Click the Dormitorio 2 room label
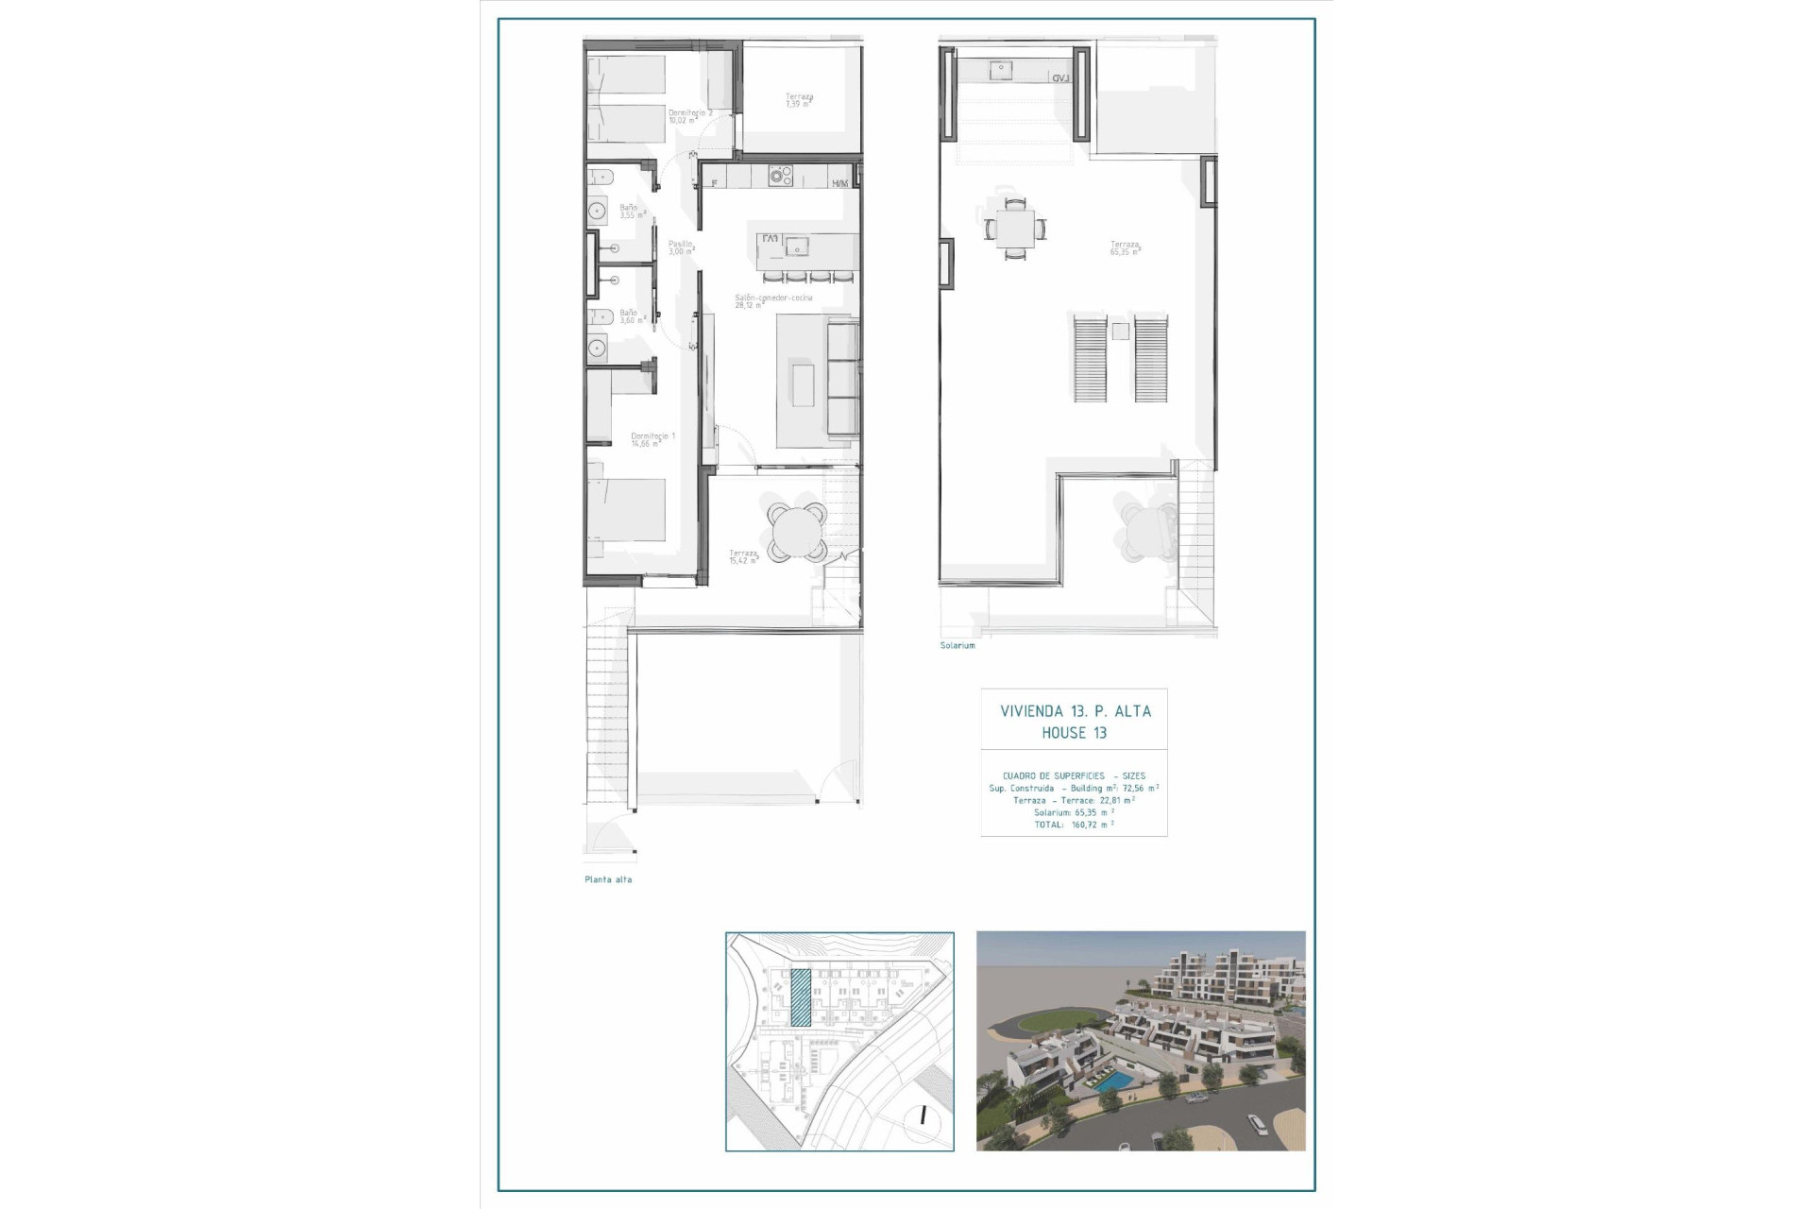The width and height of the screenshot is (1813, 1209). click(x=690, y=116)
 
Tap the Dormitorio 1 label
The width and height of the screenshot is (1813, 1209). click(x=653, y=439)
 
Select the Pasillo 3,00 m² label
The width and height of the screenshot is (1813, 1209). click(x=681, y=247)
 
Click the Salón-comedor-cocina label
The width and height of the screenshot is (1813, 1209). click(x=773, y=301)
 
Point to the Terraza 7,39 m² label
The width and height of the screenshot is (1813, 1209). click(x=799, y=100)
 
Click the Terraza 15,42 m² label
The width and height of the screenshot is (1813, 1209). click(x=743, y=556)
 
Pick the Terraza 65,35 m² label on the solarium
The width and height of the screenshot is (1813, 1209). click(x=1125, y=248)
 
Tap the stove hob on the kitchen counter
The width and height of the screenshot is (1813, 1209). click(x=780, y=176)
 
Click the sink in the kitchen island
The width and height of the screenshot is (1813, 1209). click(x=799, y=249)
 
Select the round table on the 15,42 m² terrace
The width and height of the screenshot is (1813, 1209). click(x=796, y=533)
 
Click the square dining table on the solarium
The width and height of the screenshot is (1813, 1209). click(x=1015, y=228)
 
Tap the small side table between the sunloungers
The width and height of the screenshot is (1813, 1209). click(x=1120, y=331)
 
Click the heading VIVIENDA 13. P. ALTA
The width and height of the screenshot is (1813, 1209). click(x=1075, y=711)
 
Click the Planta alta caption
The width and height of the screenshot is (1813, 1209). click(x=608, y=879)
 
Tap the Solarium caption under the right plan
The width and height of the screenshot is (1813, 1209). click(x=957, y=645)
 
